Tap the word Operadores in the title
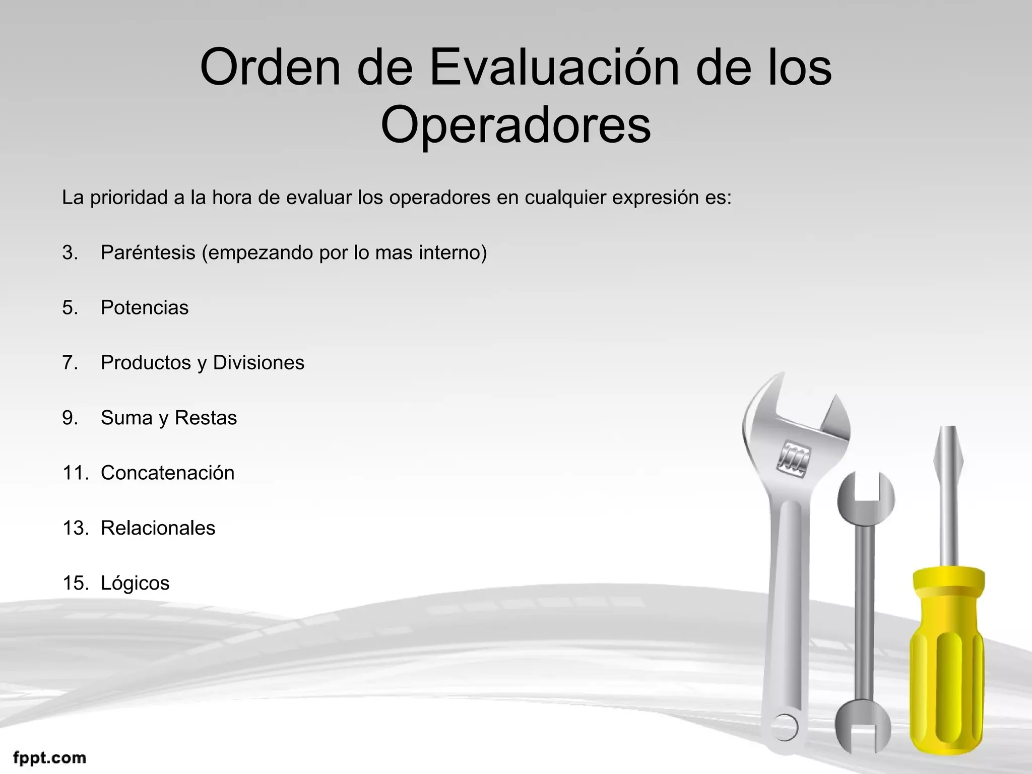coord(515,124)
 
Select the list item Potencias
coord(145,308)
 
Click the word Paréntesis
coord(148,252)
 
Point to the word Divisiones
coord(259,363)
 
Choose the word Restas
coord(206,418)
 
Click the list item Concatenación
coord(167,473)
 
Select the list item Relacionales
coord(158,528)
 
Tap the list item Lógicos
coord(135,584)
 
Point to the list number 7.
coord(70,363)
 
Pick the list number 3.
coord(70,252)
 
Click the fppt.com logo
coord(49,757)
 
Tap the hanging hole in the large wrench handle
coord(785,727)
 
